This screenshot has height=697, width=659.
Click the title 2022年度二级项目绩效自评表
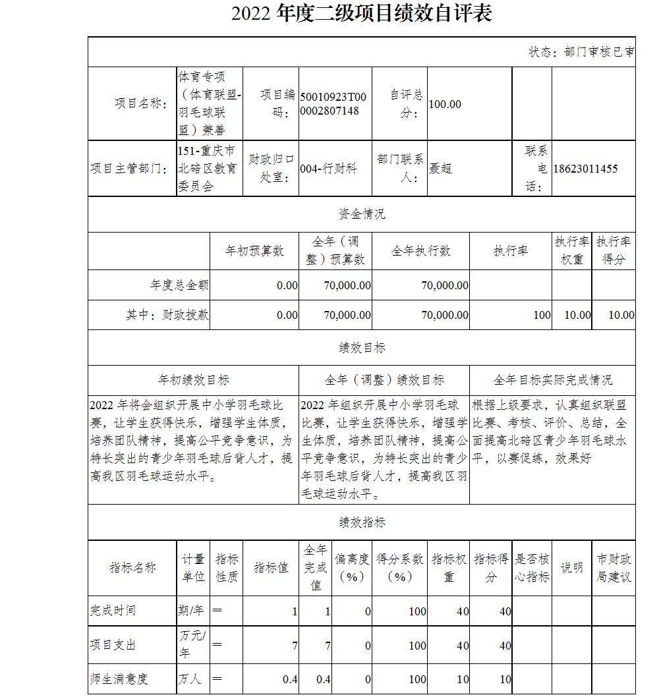[361, 14]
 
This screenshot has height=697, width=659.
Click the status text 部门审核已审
[581, 52]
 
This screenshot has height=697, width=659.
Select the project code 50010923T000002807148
[333, 103]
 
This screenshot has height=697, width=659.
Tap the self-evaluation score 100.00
[445, 104]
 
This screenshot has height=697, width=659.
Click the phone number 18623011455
[586, 169]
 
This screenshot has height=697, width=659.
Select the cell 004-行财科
[328, 169]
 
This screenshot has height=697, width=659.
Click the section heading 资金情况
[362, 213]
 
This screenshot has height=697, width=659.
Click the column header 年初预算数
[254, 251]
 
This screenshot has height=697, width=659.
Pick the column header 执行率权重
[571, 251]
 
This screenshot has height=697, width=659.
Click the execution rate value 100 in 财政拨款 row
[542, 315]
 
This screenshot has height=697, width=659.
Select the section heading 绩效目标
[362, 347]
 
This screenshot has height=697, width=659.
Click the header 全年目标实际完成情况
[552, 380]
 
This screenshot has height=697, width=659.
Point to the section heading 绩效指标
[362, 522]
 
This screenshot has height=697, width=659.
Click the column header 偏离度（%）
[351, 567]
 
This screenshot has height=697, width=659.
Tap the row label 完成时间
[113, 611]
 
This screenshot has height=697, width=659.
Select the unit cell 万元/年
[192, 645]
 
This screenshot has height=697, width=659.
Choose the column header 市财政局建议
[614, 567]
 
